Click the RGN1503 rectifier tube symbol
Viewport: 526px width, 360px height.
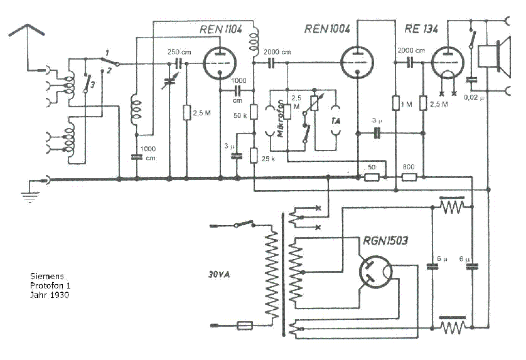(x=375, y=272)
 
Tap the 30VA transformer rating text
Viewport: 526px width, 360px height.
(x=220, y=274)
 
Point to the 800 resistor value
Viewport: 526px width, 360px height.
(x=408, y=167)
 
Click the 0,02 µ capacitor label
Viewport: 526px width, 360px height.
(x=471, y=98)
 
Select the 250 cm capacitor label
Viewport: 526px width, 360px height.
(x=176, y=51)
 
